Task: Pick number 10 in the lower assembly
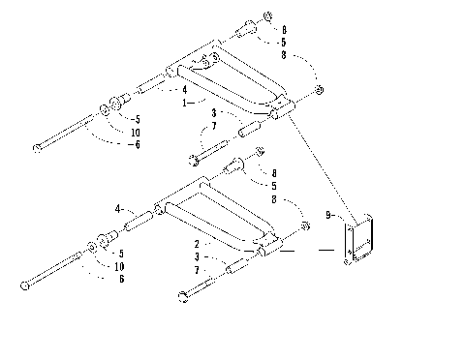(121, 265)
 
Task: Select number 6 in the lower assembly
(121, 279)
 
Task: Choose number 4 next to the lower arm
(118, 208)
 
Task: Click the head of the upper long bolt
(37, 147)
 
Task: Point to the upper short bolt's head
(197, 157)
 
